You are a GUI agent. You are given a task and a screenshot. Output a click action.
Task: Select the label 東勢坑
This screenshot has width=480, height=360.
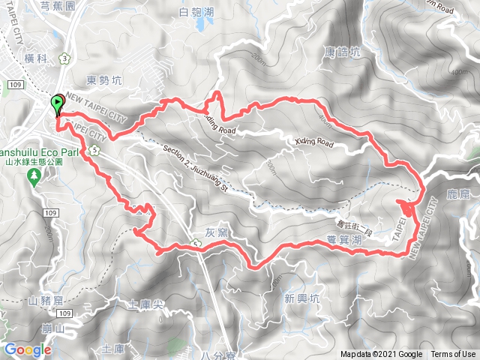click(103, 79)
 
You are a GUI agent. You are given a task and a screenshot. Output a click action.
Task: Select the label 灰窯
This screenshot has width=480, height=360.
click(216, 232)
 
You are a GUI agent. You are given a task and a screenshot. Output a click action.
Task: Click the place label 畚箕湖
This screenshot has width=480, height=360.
click(345, 240)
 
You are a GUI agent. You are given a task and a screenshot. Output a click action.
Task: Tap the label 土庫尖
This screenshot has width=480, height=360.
click(145, 305)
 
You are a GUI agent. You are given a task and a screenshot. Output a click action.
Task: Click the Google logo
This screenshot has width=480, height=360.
click(26, 349)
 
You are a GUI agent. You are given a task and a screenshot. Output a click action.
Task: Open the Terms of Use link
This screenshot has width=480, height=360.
click(452, 355)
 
